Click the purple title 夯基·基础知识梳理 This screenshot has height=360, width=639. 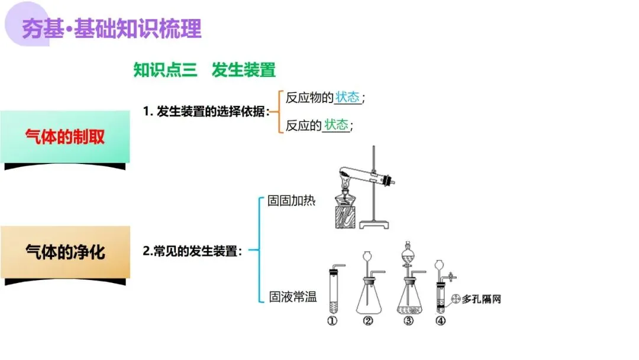[x=112, y=28]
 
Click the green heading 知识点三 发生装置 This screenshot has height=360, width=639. [x=205, y=70]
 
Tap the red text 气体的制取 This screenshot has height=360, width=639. [x=65, y=137]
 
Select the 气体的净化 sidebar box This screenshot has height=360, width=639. [x=65, y=252]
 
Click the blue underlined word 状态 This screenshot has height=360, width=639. [x=347, y=98]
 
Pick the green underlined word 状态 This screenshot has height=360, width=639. [x=336, y=125]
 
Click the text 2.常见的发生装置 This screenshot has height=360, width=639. [x=193, y=251]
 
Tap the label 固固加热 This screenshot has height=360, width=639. [x=292, y=201]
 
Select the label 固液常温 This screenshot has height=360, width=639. [x=293, y=297]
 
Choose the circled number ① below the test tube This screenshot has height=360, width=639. [x=332, y=321]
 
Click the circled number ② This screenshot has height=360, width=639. [x=368, y=321]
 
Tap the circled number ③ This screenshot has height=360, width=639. [x=408, y=321]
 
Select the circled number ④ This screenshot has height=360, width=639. [x=440, y=321]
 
